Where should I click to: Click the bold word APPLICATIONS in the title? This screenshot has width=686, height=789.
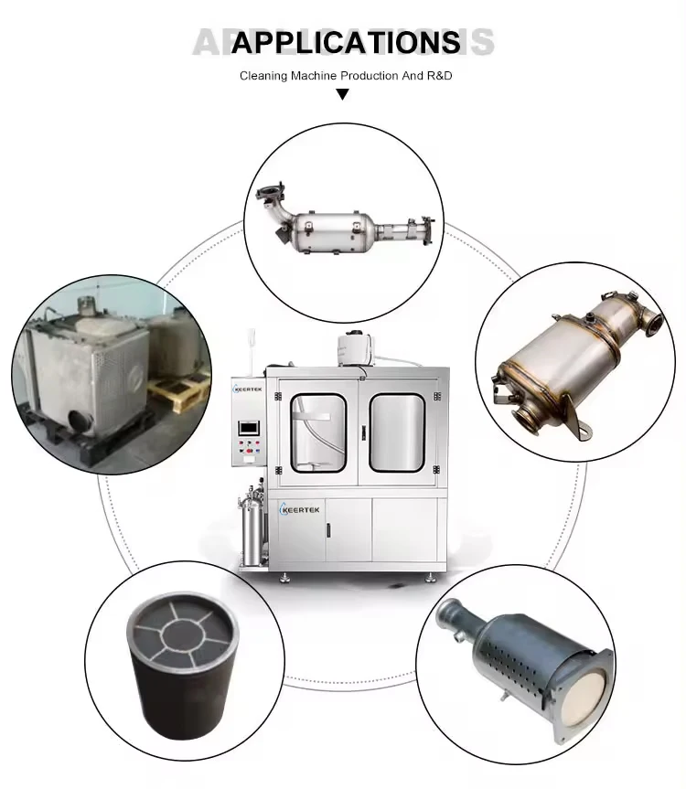coord(345,42)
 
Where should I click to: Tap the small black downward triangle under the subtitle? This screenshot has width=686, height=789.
coord(343,93)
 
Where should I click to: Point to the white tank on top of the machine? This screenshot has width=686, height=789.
coord(353,347)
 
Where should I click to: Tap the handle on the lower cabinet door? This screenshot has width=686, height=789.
coord(370,531)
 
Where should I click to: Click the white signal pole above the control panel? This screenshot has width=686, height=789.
coord(248,352)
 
